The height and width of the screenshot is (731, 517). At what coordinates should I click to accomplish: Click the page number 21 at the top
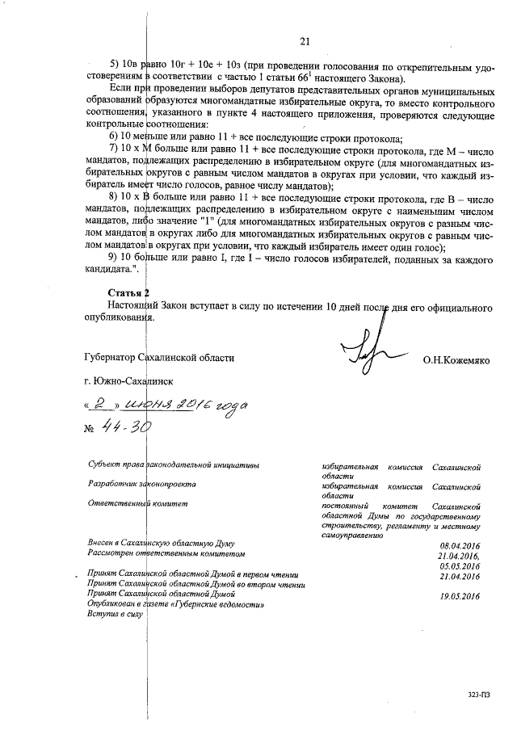point(305,42)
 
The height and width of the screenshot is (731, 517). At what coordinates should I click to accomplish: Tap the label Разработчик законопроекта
point(142,485)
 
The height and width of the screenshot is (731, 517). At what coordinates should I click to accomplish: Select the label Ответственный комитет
point(137,504)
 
